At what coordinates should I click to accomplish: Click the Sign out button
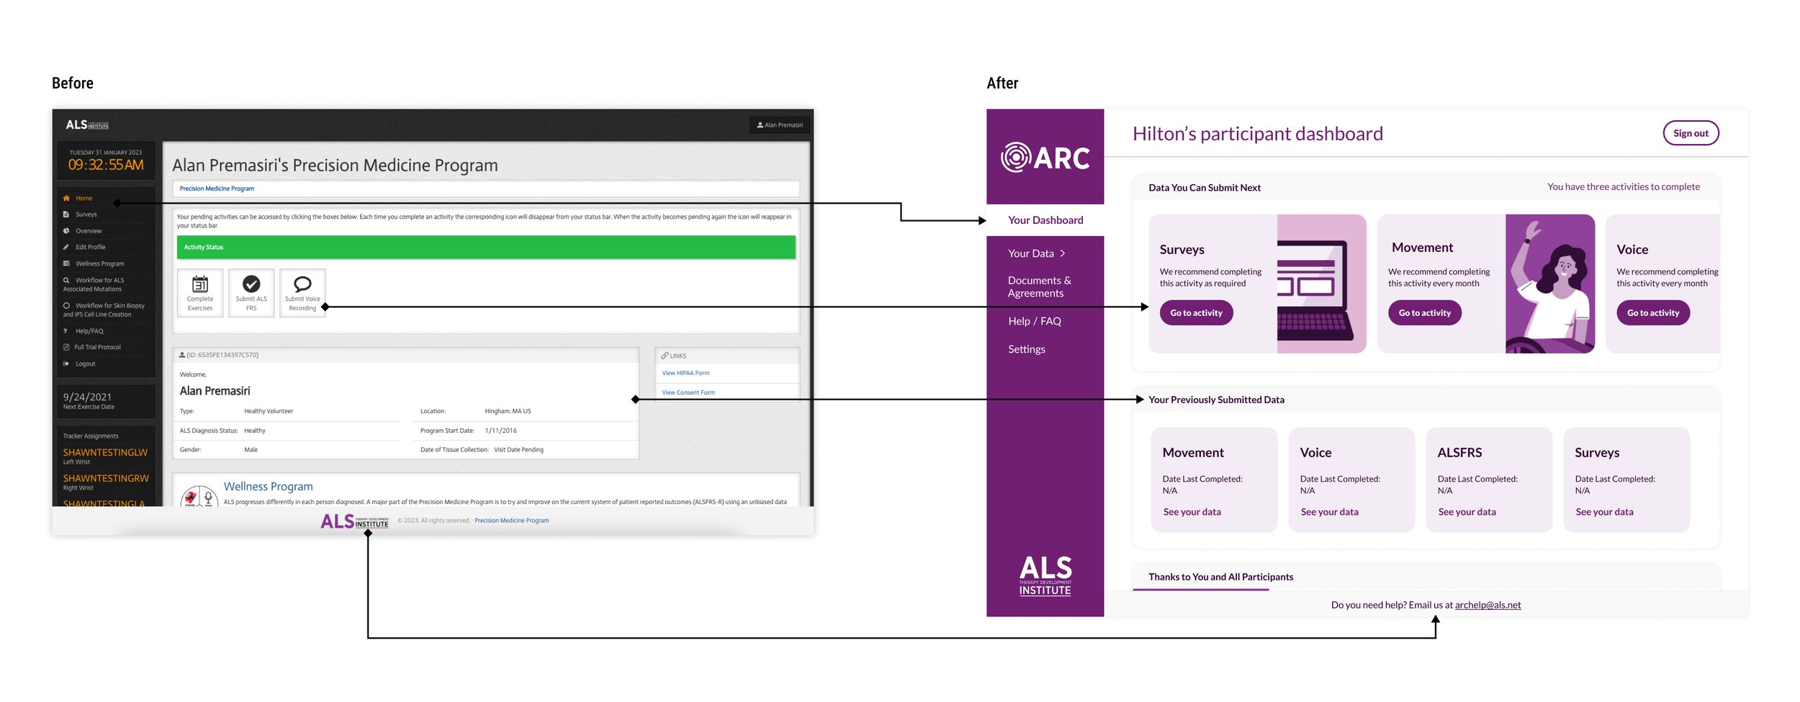coord(1690,133)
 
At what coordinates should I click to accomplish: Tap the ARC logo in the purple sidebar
coord(1045,158)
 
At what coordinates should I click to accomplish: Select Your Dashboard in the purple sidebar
coord(1045,220)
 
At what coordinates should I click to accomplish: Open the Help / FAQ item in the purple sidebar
coord(1034,321)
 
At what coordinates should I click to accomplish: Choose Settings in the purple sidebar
coord(1026,349)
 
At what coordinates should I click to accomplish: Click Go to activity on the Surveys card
coord(1195,313)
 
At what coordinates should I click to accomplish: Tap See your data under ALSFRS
coord(1466,512)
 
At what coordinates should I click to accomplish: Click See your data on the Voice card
coord(1328,512)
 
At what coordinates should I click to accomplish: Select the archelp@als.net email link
coord(1488,606)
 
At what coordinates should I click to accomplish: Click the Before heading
coord(73,84)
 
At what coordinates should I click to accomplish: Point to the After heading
coord(1002,84)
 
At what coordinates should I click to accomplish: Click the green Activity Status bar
coord(486,247)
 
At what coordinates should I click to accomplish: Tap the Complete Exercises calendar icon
coord(200,284)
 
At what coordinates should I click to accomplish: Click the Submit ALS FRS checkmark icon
coord(251,284)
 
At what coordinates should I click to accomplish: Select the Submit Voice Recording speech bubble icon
coord(302,284)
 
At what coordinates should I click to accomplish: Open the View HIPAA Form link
coord(685,373)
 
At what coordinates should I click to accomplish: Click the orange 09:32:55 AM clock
coord(106,165)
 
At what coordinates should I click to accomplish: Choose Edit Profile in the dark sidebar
coord(90,247)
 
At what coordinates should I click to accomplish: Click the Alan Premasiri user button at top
coord(780,125)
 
